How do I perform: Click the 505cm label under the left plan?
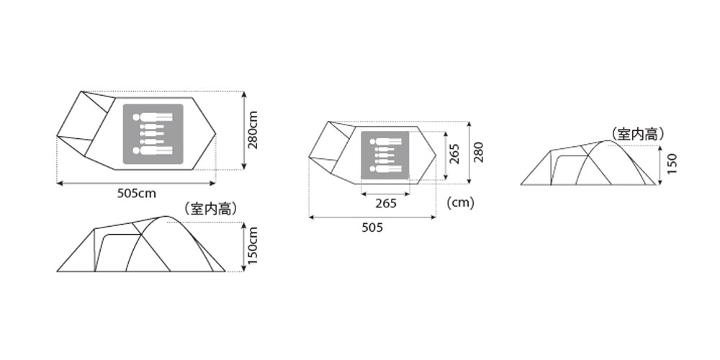[136, 194]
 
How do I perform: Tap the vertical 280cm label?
[253, 130]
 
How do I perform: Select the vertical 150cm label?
[253, 246]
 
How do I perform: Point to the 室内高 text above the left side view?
[210, 209]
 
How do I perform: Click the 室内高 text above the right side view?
[638, 134]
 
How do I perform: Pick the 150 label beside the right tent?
[672, 164]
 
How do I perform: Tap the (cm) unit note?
[460, 203]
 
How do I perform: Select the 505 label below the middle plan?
[372, 228]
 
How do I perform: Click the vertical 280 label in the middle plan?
[479, 153]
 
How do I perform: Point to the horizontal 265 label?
[386, 204]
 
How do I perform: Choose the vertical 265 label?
[454, 154]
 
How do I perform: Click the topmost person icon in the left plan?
[153, 117]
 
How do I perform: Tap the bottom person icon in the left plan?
[153, 150]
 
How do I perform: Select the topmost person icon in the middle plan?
[385, 142]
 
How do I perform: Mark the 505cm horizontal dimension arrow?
[136, 183]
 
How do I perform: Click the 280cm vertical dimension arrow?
[244, 130]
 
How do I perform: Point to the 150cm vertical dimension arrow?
[244, 246]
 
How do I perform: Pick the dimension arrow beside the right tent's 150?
[660, 166]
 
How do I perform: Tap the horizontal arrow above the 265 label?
[385, 194]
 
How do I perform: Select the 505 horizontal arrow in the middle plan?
[372, 217]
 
